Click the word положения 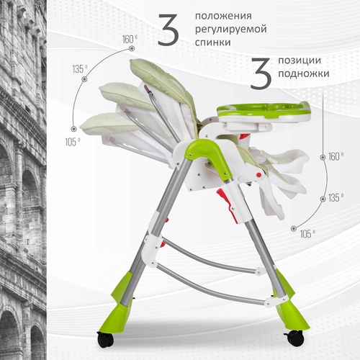point(223,17)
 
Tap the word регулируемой point(231,30)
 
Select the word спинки point(213,42)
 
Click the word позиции point(300,60)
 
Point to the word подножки point(304,73)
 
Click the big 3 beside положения point(168,30)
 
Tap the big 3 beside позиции point(261,73)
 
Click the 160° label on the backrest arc point(130,40)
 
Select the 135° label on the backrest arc point(80,69)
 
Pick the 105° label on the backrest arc point(73,142)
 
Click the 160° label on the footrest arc point(336,156)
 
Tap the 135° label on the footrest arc point(336,198)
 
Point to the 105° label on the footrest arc point(307,234)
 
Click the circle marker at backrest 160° point(131,49)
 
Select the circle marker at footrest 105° point(294,228)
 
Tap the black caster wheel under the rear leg point(105,339)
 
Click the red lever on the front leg point(226,204)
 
